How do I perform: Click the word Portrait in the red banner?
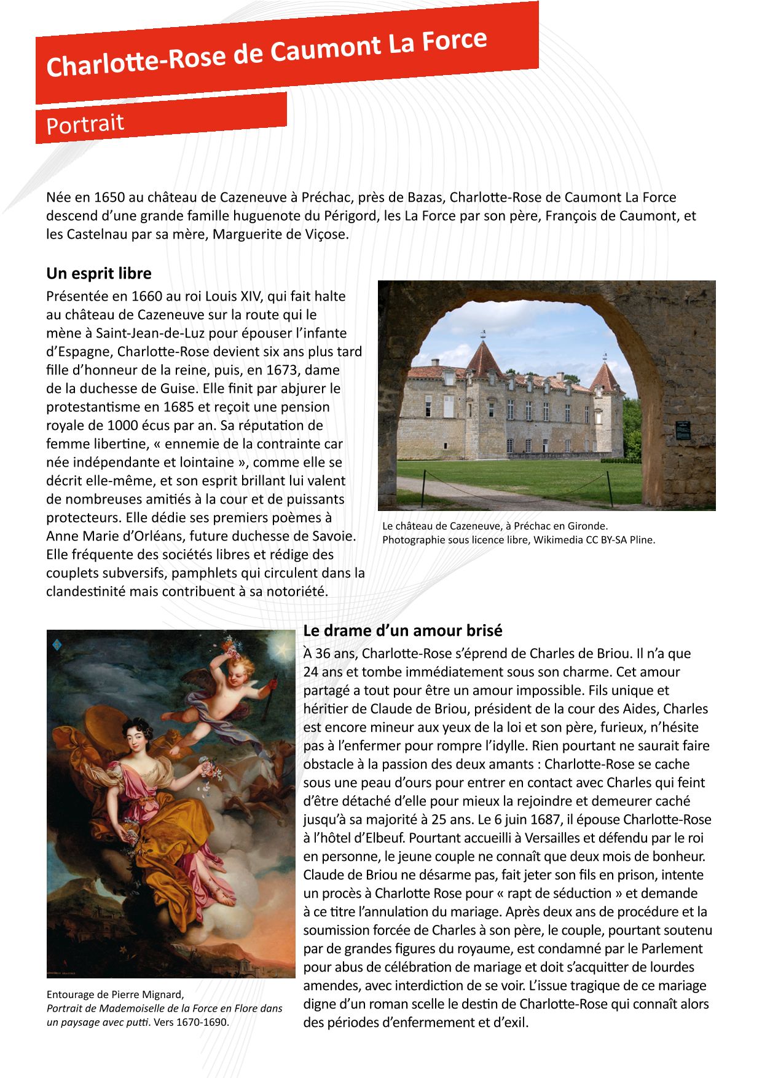point(85,124)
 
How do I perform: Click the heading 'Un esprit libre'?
point(98,273)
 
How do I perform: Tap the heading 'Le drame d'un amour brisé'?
point(403,630)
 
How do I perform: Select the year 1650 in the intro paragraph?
point(109,197)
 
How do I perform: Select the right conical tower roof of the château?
point(605,376)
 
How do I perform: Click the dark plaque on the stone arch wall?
point(683,430)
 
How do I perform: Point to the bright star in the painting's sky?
point(283,648)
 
